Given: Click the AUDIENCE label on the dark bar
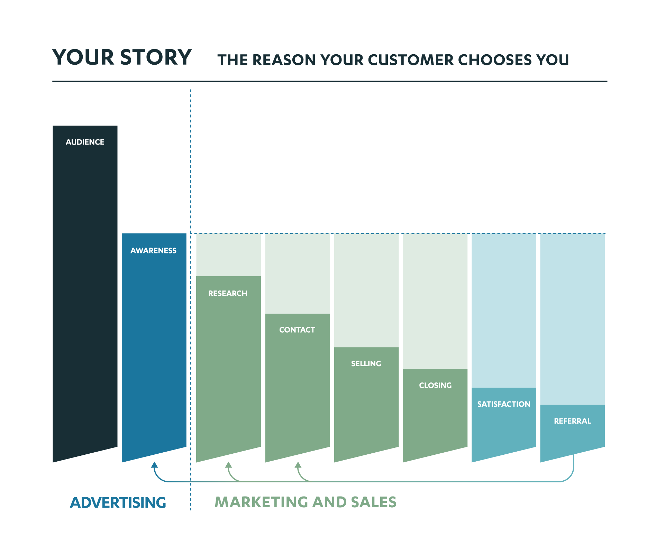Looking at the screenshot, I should (85, 142).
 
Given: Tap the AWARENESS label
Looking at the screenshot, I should (153, 251).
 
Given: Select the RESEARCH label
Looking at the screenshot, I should (228, 294).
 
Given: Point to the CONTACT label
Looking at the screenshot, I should (297, 330).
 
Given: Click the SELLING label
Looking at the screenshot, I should (366, 364).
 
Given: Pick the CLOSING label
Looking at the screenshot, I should (435, 386).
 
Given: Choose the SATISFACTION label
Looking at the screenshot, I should (503, 404).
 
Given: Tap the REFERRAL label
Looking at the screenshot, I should (572, 421).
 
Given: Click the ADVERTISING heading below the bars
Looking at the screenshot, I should (118, 502).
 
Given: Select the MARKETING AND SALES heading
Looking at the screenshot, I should (306, 502).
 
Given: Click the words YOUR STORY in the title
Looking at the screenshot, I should (122, 57).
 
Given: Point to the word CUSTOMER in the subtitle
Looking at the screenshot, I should (411, 60).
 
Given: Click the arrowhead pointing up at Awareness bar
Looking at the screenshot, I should (155, 465).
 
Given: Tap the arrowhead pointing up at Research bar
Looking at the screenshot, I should (228, 465).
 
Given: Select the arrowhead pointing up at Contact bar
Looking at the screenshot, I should (298, 465).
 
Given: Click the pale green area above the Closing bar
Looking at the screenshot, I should (435, 301).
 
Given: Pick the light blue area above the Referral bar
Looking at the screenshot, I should (572, 318).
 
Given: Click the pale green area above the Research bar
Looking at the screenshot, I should (228, 255).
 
